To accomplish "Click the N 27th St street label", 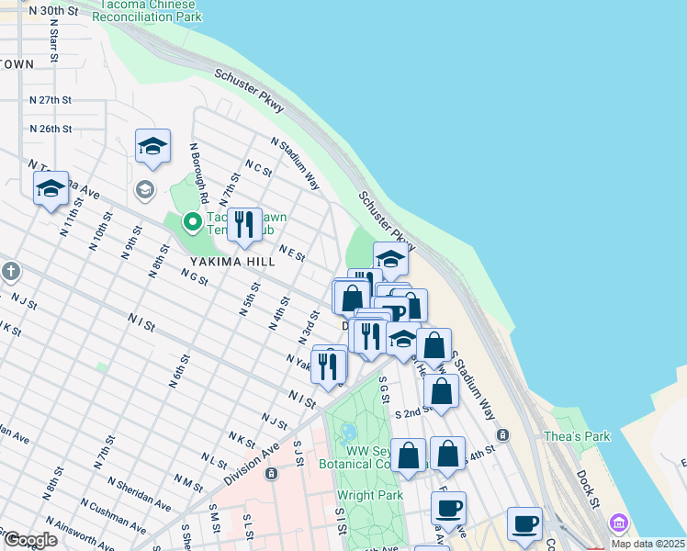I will pos(51,99).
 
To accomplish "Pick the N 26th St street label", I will pos(51,129).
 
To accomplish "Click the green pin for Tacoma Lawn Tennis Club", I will pos(192,221).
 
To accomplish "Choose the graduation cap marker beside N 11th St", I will pos(51,189).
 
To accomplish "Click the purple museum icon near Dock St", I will pos(619,523).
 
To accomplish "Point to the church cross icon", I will pos(10,272).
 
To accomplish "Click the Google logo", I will pos(30,540).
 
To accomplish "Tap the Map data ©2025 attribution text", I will pos(648,544).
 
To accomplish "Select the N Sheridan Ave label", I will pos(139,493).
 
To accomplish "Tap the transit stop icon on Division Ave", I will pos(271,474).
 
